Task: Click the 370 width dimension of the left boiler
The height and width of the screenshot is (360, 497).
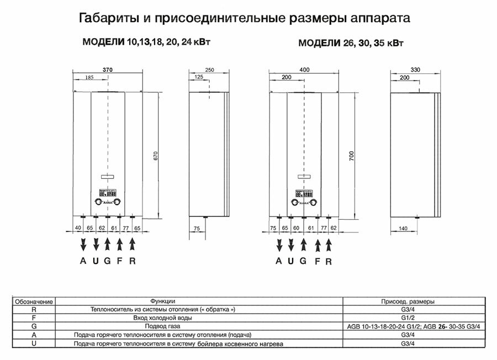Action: click(x=108, y=70)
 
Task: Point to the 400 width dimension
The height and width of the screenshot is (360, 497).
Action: click(x=304, y=70)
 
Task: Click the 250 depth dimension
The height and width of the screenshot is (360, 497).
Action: click(x=209, y=70)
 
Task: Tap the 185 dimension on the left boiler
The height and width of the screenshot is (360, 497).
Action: click(x=89, y=78)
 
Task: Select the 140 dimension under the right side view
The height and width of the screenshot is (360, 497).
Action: click(x=403, y=227)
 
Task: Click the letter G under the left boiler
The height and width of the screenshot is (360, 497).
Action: click(x=107, y=261)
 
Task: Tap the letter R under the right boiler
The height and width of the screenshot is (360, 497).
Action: click(x=329, y=261)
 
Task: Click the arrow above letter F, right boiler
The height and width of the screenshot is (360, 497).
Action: click(x=318, y=244)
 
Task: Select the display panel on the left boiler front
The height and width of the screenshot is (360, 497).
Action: click(x=107, y=193)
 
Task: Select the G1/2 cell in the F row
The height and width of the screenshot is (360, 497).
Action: click(x=408, y=318)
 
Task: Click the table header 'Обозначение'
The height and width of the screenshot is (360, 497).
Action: click(x=34, y=302)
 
